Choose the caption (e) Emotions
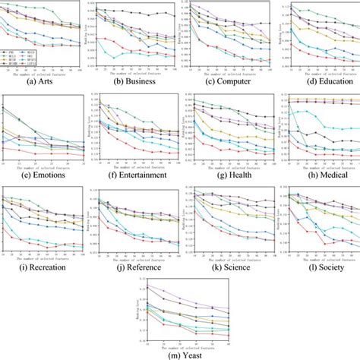42,173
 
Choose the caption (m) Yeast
180,354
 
